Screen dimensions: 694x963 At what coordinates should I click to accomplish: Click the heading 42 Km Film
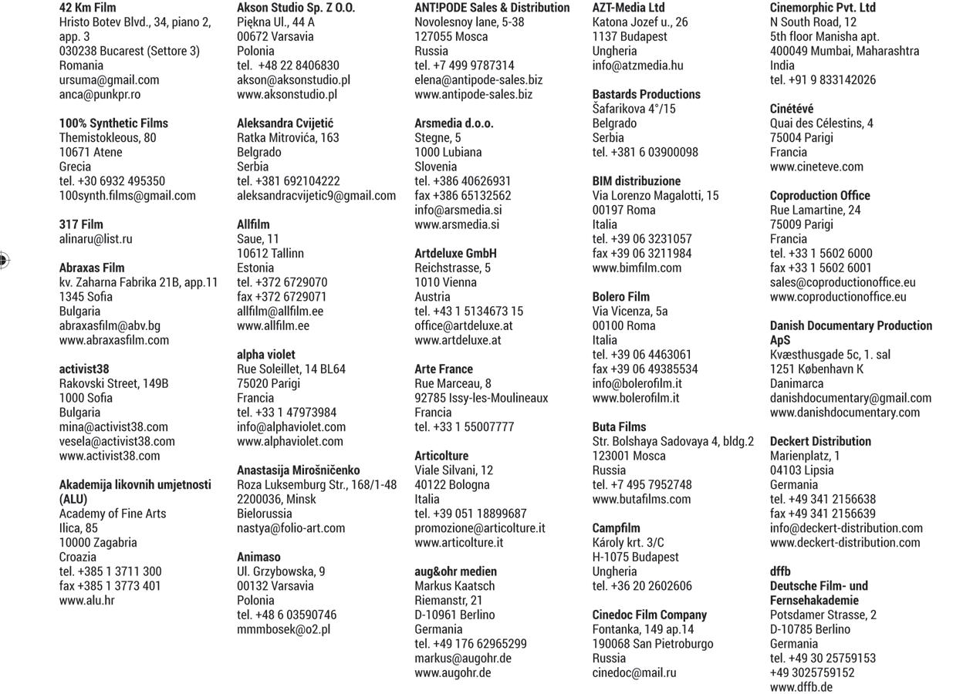point(87,8)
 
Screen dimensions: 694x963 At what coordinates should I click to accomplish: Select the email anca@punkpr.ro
point(100,94)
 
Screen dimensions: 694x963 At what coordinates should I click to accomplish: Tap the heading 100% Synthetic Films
point(113,123)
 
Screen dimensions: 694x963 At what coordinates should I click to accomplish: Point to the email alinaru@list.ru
point(96,239)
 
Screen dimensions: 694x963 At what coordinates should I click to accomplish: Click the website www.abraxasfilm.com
point(114,340)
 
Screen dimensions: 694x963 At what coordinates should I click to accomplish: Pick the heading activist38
point(84,369)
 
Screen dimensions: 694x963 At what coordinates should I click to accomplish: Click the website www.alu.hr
point(86,600)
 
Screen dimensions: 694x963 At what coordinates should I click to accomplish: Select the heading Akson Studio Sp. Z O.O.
point(296,8)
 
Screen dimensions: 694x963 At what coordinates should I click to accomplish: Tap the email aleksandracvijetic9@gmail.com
point(316,196)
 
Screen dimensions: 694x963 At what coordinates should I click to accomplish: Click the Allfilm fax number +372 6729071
point(282,297)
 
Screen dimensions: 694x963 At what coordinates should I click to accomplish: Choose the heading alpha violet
point(266,355)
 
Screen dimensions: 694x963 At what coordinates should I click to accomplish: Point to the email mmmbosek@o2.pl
point(283,629)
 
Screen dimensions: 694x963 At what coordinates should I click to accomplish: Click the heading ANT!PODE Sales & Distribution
point(492,8)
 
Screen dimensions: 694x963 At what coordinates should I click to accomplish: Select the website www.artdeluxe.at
point(458,340)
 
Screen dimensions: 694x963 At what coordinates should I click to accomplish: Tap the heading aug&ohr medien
point(455,571)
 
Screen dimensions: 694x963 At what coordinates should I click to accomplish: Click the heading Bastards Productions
point(646,94)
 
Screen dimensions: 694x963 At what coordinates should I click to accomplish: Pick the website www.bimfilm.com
point(637,268)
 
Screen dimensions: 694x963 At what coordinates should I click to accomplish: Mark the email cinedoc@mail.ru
point(634,672)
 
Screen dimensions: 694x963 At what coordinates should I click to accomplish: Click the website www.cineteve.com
point(816,167)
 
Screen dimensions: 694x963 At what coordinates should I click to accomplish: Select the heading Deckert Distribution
point(820,442)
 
